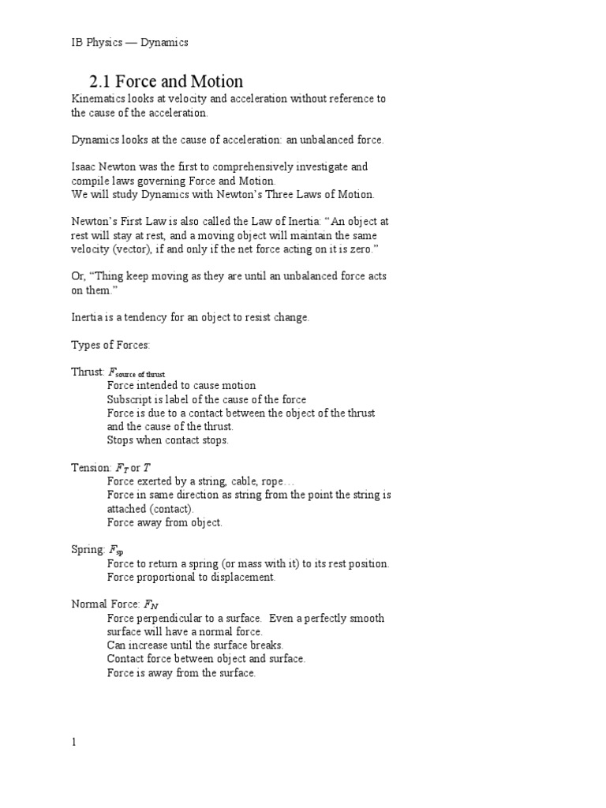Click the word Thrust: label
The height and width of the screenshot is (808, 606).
click(x=88, y=372)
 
